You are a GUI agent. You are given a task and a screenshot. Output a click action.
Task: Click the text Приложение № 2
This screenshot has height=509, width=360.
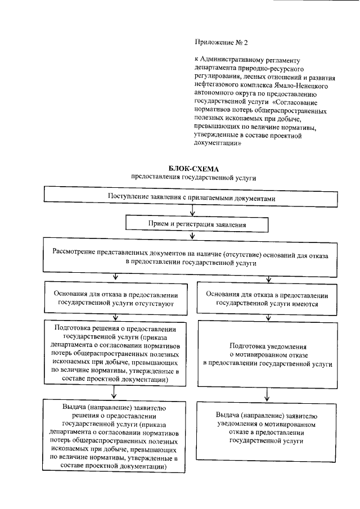tap(217, 42)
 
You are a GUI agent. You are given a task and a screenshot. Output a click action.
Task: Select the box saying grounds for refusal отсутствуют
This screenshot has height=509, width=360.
tap(115, 299)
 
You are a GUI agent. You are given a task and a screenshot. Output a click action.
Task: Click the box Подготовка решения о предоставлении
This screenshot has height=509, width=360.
tap(115, 353)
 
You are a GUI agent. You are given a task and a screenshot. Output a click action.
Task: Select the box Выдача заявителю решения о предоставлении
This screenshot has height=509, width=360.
tap(115, 436)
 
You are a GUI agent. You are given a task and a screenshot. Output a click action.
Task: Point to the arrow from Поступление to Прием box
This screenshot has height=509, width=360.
tap(193, 211)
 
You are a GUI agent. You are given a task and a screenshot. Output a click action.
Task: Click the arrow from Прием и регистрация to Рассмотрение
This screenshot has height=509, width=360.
tap(193, 237)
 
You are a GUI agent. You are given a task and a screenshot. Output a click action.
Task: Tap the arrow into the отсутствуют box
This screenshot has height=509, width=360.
tap(115, 277)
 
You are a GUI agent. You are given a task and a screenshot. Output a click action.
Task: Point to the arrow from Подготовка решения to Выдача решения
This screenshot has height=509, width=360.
tap(115, 393)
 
